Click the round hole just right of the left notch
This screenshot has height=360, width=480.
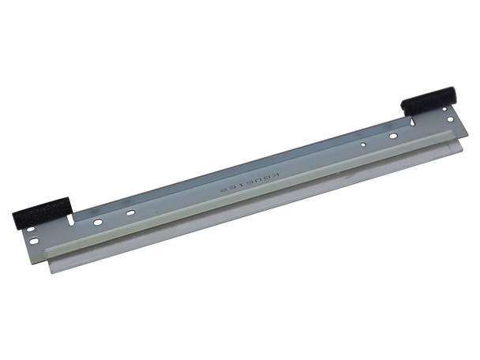click(98, 223)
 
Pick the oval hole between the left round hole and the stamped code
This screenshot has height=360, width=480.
click(131, 213)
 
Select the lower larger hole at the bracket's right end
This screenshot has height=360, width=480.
click(451, 120)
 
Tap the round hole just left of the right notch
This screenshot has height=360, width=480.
click(392, 136)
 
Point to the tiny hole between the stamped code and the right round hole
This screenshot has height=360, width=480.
click(362, 145)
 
